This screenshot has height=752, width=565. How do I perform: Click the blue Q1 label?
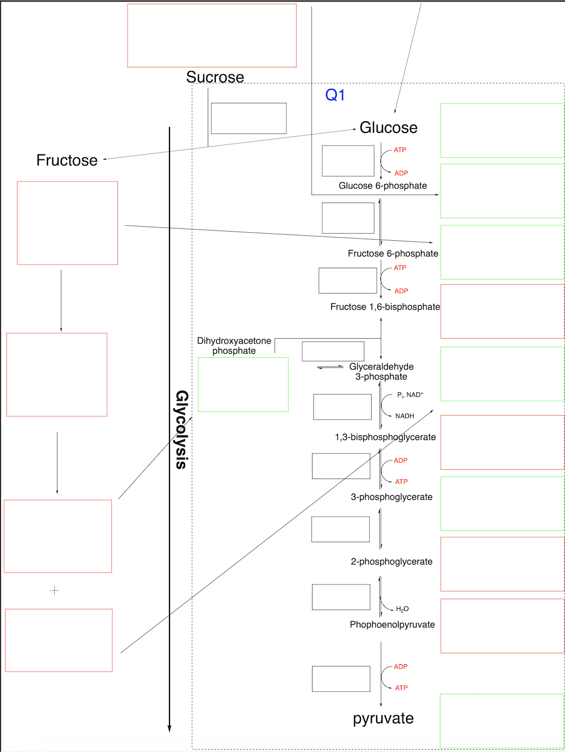click(335, 95)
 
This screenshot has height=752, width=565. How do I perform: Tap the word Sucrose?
click(215, 77)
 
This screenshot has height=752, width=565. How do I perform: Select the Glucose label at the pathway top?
click(388, 128)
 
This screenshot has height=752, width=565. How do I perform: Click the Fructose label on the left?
click(67, 161)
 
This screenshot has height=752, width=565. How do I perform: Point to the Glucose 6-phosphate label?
click(383, 186)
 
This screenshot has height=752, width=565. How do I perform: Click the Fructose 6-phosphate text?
click(393, 254)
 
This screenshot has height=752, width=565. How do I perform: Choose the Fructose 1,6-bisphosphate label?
click(385, 307)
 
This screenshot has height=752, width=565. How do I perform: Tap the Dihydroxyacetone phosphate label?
click(234, 346)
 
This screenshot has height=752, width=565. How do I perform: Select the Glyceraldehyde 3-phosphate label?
click(381, 372)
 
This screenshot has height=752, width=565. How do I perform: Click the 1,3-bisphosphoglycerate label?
click(385, 437)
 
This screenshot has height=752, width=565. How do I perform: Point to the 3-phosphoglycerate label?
click(391, 497)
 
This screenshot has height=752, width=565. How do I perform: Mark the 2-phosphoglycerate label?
click(391, 562)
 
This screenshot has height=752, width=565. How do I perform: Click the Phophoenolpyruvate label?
click(392, 625)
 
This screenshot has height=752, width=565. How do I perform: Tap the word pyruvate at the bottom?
click(383, 719)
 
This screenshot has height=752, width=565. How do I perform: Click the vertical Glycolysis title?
click(182, 429)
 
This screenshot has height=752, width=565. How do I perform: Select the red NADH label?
click(405, 416)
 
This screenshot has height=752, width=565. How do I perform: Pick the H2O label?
click(402, 609)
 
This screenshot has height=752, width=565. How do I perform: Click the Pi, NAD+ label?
click(410, 395)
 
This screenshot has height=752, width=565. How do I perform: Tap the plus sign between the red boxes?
click(54, 591)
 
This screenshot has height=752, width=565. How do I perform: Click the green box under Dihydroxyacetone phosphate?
click(243, 385)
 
